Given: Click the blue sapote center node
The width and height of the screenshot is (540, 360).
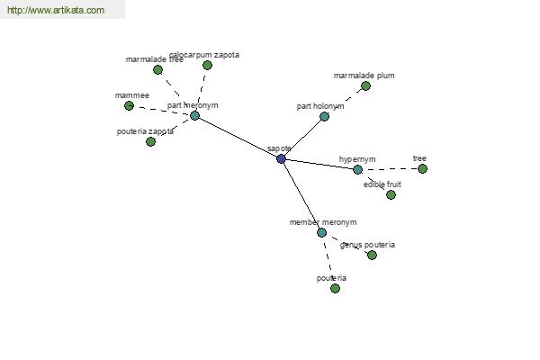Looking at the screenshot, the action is tap(281, 158).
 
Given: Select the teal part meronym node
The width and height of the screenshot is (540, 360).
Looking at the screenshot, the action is tap(194, 115).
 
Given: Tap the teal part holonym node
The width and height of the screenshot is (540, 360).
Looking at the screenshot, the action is tap(324, 116).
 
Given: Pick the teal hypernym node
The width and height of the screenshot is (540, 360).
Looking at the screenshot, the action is tap(357, 169).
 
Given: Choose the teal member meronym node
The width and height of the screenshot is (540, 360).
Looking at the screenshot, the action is tap(321, 232).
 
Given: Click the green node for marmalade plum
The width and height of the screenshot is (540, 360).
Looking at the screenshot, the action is tap(365, 86).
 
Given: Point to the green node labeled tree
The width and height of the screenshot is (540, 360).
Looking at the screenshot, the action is tap(422, 169).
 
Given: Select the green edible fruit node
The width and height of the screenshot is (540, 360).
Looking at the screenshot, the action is tap(391, 195).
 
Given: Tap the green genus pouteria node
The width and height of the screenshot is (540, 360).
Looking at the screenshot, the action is tap(372, 256).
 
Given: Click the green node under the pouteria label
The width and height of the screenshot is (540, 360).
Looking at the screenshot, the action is tap(335, 288).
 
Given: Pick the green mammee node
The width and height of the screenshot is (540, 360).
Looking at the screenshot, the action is tap(129, 106).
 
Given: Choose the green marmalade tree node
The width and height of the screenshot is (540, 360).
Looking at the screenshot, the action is tap(157, 70).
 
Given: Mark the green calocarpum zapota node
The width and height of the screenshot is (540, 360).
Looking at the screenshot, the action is tap(207, 65).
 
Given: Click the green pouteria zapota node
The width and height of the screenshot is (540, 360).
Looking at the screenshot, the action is tap(150, 141).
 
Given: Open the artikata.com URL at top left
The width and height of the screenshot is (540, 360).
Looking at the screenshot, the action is tap(56, 10).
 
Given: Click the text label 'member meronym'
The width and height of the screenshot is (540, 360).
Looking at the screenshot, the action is tap(323, 222).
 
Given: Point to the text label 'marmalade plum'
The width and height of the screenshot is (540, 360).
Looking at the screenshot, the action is tap(364, 76).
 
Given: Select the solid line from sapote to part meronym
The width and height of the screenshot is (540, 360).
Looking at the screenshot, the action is tap(238, 137).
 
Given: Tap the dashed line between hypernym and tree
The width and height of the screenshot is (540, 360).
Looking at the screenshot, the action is tap(390, 169).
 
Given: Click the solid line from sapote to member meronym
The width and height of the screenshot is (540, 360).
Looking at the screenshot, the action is tap(301, 195).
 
